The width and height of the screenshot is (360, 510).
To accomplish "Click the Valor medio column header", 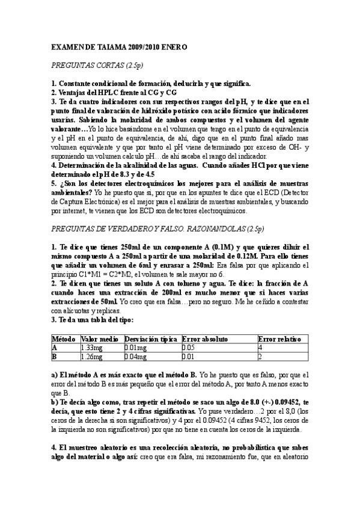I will pyautogui.click(x=99, y=339).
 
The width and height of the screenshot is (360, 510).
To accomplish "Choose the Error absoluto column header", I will pyautogui.click(x=207, y=339).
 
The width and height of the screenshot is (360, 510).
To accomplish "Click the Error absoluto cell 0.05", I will pyautogui.click(x=189, y=348).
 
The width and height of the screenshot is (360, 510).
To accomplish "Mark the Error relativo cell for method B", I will pyautogui.click(x=260, y=356).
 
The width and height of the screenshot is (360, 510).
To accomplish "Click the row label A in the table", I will pyautogui.click(x=55, y=348).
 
